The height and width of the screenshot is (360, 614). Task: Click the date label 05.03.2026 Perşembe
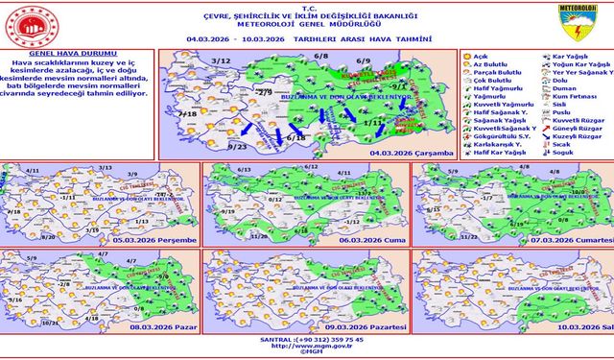click(153, 239)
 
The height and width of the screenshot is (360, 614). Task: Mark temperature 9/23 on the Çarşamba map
click(238, 146)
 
